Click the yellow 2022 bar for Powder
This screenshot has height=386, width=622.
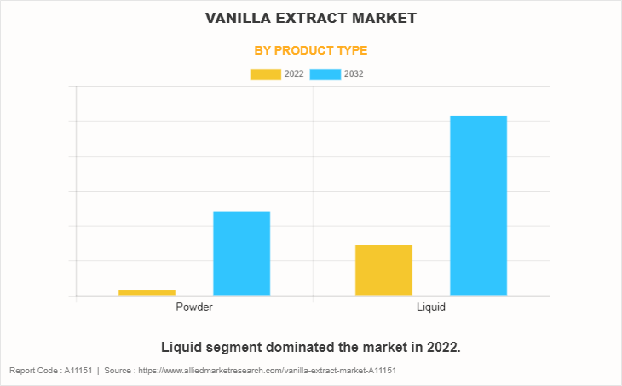point(147,292)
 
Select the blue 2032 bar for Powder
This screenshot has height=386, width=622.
point(241,253)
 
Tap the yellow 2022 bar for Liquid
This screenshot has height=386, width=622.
point(383,270)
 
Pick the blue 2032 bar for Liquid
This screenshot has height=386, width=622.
point(478,205)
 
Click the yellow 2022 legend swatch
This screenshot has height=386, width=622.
point(265,74)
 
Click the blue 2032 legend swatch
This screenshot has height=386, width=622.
point(325,74)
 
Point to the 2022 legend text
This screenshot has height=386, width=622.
point(294,74)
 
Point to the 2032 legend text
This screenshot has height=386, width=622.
point(354,74)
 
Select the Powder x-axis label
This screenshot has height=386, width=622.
point(194,307)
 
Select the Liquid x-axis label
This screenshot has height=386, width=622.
point(431,307)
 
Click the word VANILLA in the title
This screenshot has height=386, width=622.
point(241,17)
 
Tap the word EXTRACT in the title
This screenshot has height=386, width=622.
point(316,17)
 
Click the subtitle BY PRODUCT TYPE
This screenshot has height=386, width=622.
point(311,50)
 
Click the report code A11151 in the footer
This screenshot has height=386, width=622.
point(78,371)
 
